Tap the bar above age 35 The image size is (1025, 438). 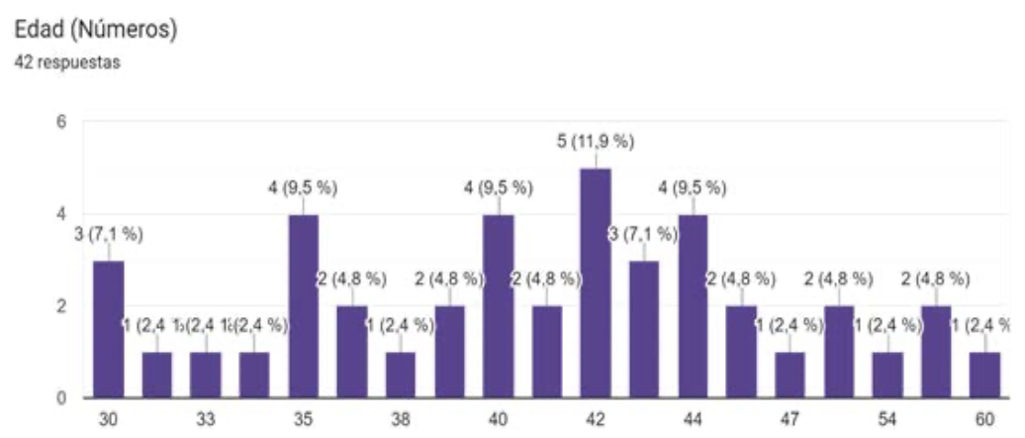tap(303, 306)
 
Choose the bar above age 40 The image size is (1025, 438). tap(498, 306)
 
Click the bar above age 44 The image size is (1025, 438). tap(693, 306)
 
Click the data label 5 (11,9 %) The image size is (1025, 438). tap(595, 142)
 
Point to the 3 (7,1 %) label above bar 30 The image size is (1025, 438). tap(108, 235)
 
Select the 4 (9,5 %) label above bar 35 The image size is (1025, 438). tap(303, 188)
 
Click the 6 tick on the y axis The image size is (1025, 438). tap(60, 123)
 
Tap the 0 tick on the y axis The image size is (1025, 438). tap(60, 398)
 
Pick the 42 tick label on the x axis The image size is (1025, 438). tap(595, 419)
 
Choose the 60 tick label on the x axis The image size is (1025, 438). tap(985, 419)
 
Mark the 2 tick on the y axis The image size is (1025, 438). tap(60, 306)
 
